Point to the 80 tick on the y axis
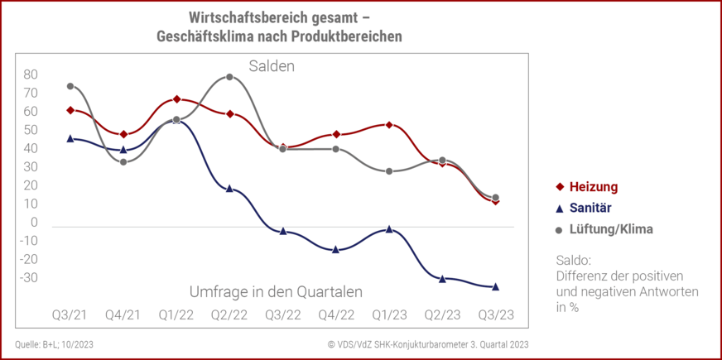point(31,74)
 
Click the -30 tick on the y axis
point(29,277)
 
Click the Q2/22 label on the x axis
point(229,315)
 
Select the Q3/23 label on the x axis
point(496,315)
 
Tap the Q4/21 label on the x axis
point(123,315)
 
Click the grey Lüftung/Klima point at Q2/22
point(229,77)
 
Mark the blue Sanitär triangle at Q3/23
point(496,286)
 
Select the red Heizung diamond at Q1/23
point(389,125)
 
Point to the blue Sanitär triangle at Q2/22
point(229,189)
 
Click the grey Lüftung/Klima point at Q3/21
point(70,86)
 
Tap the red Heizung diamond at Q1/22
point(176,99)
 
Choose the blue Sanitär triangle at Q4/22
point(336,249)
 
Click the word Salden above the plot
point(272,66)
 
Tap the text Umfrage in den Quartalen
point(276,291)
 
